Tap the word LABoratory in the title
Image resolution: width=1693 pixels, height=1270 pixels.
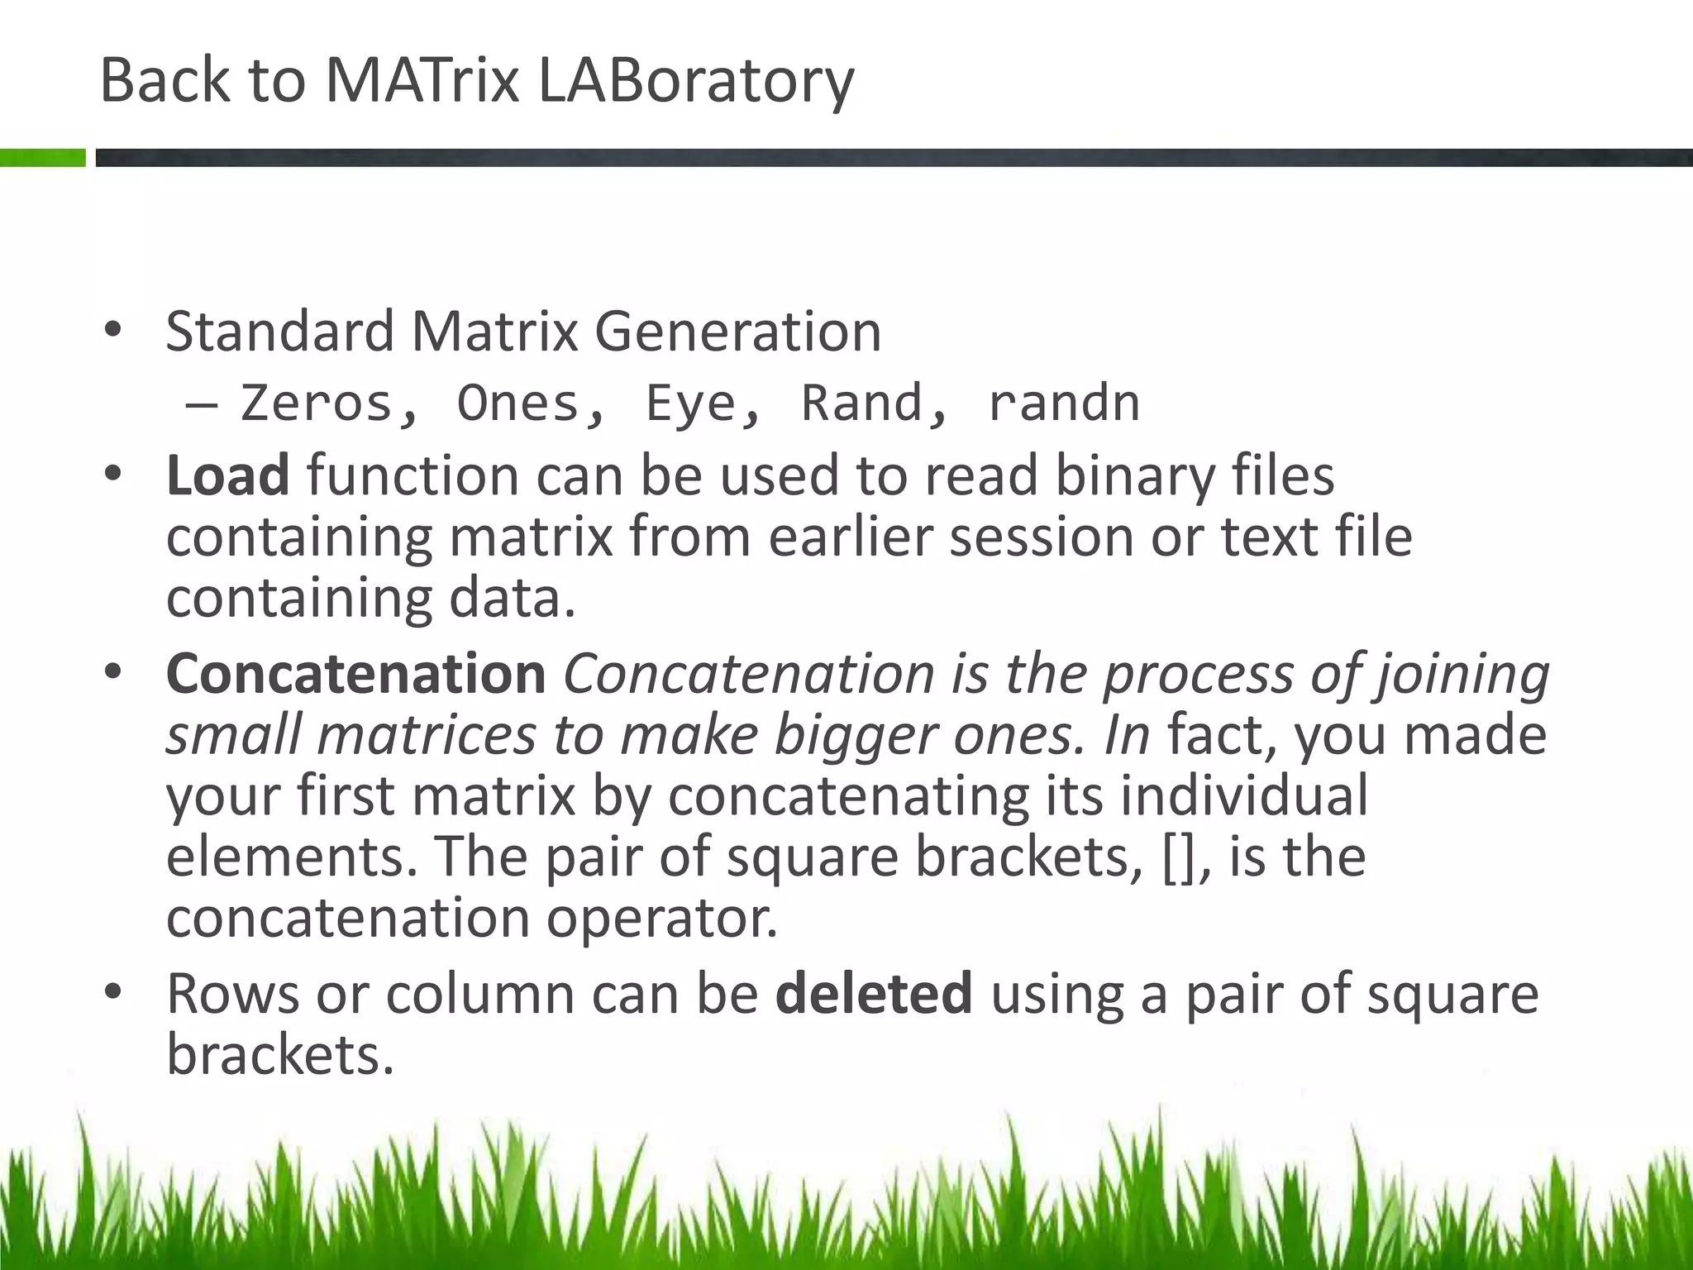(695, 82)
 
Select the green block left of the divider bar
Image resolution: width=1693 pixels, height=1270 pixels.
(42, 157)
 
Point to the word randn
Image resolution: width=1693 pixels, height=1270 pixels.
(1064, 403)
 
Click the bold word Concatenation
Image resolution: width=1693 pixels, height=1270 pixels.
(355, 673)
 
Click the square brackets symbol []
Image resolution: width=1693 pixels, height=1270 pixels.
(1178, 857)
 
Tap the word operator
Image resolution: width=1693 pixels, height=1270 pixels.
(661, 918)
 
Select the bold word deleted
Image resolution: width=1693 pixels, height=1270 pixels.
(874, 993)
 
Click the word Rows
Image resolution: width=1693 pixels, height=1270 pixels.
(232, 993)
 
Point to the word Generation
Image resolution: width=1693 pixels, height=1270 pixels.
(737, 332)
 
